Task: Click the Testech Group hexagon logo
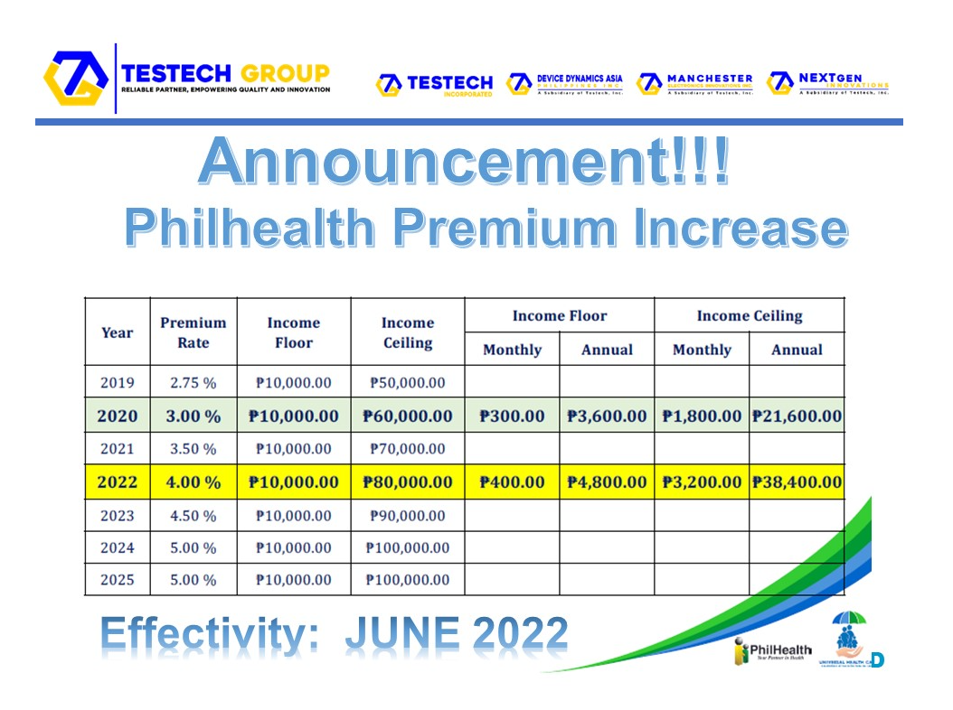tap(76, 79)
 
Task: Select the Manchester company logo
tap(695, 84)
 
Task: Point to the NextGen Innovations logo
tap(827, 84)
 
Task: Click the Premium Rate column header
tap(193, 332)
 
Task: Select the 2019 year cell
tap(118, 382)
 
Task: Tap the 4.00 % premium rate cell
tap(193, 482)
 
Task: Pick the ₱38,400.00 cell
tap(797, 482)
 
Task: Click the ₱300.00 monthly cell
tap(512, 416)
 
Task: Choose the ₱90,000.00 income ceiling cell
tap(408, 516)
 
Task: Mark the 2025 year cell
tap(118, 579)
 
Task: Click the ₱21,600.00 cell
tap(797, 416)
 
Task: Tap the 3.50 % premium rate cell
tap(193, 449)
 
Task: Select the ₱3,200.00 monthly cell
tap(702, 482)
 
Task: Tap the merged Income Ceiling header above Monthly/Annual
tap(749, 315)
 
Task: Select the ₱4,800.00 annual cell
tap(607, 482)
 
